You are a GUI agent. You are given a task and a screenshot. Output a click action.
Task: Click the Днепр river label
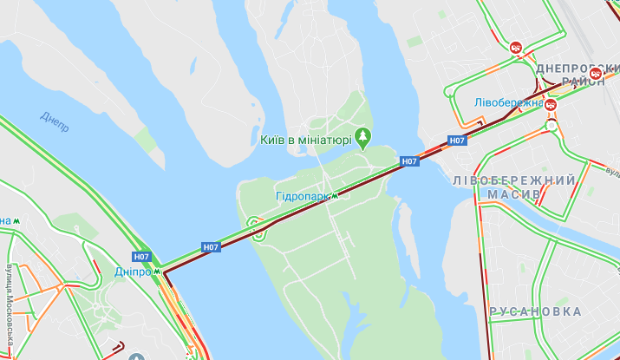pyautogui.click(x=55, y=121)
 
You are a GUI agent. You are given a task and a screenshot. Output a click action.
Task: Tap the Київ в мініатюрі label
pyautogui.click(x=305, y=139)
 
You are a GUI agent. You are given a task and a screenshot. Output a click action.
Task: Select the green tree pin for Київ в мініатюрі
pyautogui.click(x=362, y=137)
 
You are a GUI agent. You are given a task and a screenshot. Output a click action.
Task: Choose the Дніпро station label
pyautogui.click(x=134, y=272)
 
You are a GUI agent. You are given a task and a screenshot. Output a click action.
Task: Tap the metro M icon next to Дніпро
pyautogui.click(x=159, y=272)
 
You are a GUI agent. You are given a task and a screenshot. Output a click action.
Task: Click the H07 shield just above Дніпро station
pyautogui.click(x=141, y=257)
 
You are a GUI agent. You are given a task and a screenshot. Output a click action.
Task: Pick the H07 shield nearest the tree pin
pyautogui.click(x=409, y=161)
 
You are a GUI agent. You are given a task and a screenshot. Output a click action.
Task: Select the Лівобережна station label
pyautogui.click(x=507, y=102)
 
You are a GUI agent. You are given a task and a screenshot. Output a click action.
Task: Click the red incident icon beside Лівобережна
pyautogui.click(x=550, y=103)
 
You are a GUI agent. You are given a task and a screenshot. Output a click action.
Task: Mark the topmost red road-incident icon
pyautogui.click(x=516, y=48)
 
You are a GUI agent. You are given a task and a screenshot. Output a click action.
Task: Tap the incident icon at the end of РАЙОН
pyautogui.click(x=596, y=74)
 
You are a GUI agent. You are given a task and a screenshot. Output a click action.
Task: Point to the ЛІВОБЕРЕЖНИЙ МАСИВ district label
pyautogui.click(x=514, y=187)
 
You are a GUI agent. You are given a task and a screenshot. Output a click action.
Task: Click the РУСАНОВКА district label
pyautogui.click(x=535, y=311)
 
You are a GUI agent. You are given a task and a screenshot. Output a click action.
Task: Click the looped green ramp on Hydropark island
pyautogui.click(x=257, y=229)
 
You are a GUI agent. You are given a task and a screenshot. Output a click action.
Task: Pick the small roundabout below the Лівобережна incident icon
pyautogui.click(x=551, y=126)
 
